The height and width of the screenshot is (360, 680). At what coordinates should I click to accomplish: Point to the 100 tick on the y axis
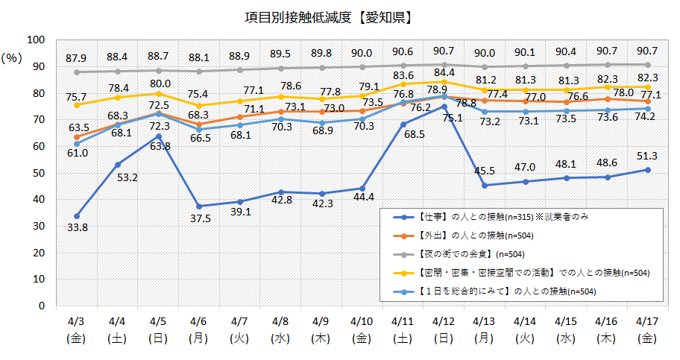36,40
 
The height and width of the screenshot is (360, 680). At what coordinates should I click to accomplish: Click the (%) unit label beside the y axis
13,57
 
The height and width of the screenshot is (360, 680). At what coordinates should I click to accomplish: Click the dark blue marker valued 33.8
77,216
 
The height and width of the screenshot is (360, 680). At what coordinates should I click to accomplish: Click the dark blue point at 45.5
485,185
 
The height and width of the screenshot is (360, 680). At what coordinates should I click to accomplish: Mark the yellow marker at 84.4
444,81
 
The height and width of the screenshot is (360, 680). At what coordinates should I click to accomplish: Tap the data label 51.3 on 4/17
648,154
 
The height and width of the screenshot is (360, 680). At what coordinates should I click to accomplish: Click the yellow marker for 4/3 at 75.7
77,105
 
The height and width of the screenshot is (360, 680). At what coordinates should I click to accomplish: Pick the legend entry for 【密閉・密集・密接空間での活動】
514,273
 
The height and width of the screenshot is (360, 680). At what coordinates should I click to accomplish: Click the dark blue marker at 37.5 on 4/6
199,206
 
